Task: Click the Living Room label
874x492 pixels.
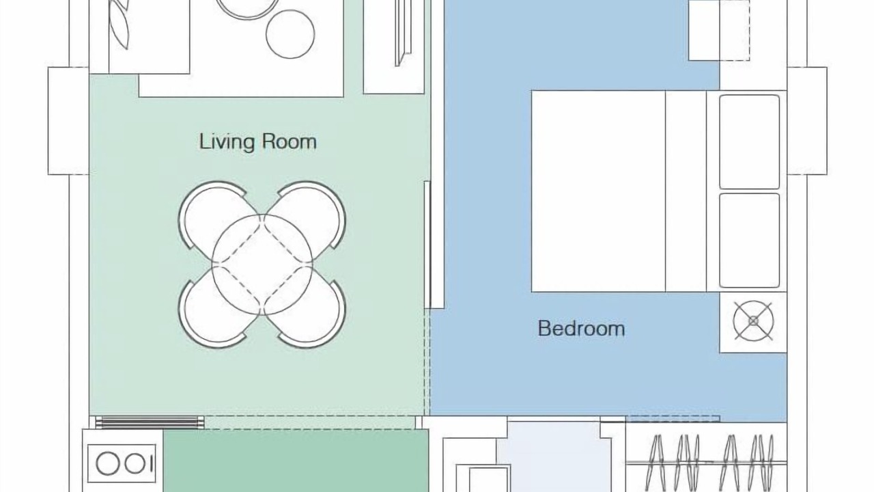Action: tap(258, 142)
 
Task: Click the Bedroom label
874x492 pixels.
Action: tap(581, 329)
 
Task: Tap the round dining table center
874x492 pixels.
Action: tap(262, 264)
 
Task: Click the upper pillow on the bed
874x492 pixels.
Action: tap(749, 142)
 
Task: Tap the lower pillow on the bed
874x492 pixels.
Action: tap(749, 241)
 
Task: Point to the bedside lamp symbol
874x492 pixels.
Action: tap(753, 321)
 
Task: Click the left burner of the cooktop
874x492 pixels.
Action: tap(108, 463)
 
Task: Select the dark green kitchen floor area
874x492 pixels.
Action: tap(296, 461)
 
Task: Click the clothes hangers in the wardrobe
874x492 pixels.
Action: tap(708, 463)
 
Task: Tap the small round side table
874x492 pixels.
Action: tap(290, 34)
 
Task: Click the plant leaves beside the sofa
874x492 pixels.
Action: tap(119, 24)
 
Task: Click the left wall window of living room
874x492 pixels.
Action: tap(69, 121)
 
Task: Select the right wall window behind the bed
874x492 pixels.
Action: tap(807, 121)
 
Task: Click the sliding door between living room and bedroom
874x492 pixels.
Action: tap(427, 245)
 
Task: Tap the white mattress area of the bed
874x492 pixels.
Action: tap(598, 191)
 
